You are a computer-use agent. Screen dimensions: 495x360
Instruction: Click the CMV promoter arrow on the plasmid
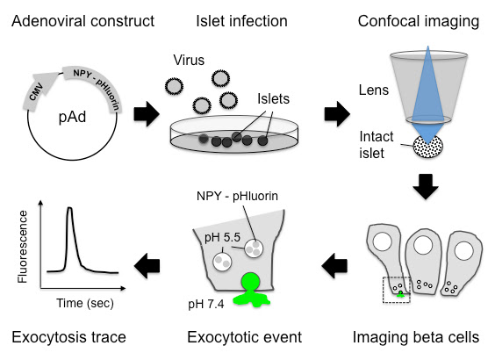pyautogui.click(x=38, y=91)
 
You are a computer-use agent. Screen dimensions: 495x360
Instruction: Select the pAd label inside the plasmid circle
pyautogui.click(x=72, y=118)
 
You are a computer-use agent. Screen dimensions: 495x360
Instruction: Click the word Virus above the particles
pyautogui.click(x=189, y=60)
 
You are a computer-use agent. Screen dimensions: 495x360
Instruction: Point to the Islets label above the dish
pyautogui.click(x=273, y=99)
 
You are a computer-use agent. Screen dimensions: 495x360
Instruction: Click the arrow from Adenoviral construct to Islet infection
pyautogui.click(x=147, y=114)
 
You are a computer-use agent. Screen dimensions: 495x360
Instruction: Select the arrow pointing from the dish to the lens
pyautogui.click(x=337, y=114)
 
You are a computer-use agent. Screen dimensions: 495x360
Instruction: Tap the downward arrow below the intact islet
pyautogui.click(x=426, y=186)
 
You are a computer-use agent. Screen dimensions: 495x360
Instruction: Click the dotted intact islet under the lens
pyautogui.click(x=427, y=147)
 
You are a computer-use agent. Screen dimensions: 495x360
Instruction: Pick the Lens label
pyautogui.click(x=374, y=90)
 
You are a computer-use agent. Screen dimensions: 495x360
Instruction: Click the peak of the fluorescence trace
pyautogui.click(x=69, y=208)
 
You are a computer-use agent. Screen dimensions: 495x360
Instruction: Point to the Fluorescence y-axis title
pyautogui.click(x=23, y=247)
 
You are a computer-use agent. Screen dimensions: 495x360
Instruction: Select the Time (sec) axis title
pyautogui.click(x=85, y=303)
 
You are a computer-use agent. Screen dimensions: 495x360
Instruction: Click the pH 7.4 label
pyautogui.click(x=206, y=304)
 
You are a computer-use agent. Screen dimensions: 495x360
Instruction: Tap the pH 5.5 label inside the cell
pyautogui.click(x=222, y=237)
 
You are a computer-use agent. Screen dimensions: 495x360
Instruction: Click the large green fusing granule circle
pyautogui.click(x=251, y=283)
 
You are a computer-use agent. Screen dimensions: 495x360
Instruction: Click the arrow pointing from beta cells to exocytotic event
pyautogui.click(x=334, y=265)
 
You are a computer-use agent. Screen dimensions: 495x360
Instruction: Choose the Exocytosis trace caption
pyautogui.click(x=68, y=337)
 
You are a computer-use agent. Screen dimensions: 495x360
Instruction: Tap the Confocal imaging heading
pyautogui.click(x=419, y=21)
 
